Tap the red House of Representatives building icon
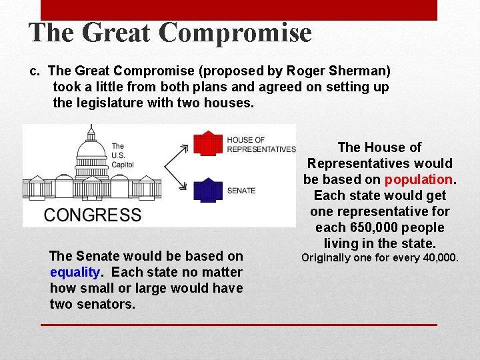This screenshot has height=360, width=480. click(x=207, y=143)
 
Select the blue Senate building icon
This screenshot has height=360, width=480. click(x=207, y=190)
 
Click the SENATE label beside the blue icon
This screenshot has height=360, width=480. click(x=241, y=191)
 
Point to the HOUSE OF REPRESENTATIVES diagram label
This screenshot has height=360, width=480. click(x=261, y=145)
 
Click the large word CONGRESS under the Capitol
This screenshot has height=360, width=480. click(x=93, y=215)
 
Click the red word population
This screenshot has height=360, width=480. click(x=419, y=179)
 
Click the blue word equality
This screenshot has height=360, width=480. click(x=74, y=272)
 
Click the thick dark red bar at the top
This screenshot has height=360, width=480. click(x=239, y=10)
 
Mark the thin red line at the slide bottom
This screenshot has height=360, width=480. click(x=239, y=325)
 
